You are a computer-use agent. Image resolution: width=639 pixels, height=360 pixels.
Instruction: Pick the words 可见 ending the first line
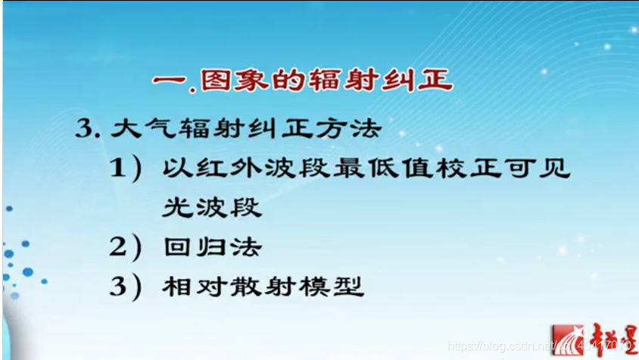(541, 168)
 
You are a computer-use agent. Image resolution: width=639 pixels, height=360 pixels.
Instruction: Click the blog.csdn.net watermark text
(499, 346)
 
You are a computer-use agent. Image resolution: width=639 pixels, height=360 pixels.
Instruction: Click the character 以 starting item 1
(175, 168)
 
